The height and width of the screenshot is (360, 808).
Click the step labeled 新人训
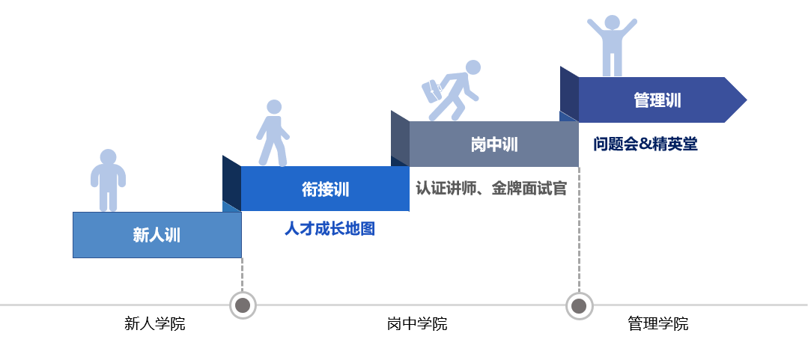[x=157, y=235]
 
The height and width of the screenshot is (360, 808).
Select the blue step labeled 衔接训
[x=325, y=189]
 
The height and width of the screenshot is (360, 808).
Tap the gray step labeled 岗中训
[x=493, y=144]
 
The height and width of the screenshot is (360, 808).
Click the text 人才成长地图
[x=329, y=229]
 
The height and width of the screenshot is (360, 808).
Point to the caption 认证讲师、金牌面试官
[x=491, y=189]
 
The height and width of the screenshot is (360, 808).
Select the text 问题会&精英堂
[x=646, y=144]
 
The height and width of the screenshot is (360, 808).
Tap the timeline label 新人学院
[x=154, y=324]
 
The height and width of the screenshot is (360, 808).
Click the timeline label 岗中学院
[x=417, y=324]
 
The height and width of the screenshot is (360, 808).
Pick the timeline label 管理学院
[x=658, y=324]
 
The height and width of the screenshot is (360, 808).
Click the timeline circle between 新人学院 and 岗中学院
[x=243, y=305]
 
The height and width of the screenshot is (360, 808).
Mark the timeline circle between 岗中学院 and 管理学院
[x=579, y=306]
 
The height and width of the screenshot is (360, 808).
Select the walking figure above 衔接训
[x=273, y=133]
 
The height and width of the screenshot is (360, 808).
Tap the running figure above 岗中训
[x=452, y=91]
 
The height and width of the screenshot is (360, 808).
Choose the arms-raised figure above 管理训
[x=613, y=46]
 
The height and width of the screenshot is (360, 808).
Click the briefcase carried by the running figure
[x=432, y=91]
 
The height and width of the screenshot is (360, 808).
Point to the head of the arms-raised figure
[x=613, y=22]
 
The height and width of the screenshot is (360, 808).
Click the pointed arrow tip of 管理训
[x=746, y=100]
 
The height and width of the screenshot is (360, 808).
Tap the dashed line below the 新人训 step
[x=242, y=275]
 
